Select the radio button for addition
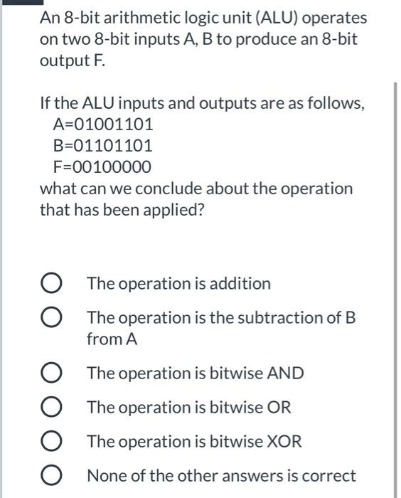[51, 284]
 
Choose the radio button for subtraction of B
[51, 318]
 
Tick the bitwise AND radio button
[51, 373]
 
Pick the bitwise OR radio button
[51, 408]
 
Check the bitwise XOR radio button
[51, 442]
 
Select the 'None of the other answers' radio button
[51, 476]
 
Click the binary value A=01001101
[103, 124]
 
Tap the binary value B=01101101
[103, 146]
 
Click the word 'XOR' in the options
[284, 442]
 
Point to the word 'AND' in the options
[287, 373]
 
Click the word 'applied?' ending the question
[174, 211]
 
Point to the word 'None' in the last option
[106, 476]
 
